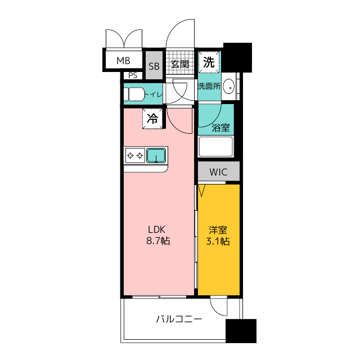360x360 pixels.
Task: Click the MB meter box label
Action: click(123, 61)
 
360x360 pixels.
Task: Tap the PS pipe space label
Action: click(133, 75)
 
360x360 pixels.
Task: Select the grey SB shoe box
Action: click(154, 65)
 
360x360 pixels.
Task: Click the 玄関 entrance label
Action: click(180, 64)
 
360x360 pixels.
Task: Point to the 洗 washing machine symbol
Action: click(209, 62)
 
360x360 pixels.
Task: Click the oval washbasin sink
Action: click(229, 87)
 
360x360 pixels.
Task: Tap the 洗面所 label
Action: click(209, 86)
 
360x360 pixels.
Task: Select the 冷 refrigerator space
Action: click(152, 119)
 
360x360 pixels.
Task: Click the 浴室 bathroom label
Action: click(220, 128)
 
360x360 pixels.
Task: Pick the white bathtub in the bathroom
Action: click(215, 146)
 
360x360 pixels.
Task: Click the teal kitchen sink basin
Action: click(156, 155)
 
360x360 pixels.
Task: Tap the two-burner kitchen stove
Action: click(135, 156)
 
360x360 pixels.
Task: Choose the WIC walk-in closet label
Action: click(218, 172)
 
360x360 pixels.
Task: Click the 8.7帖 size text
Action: click(158, 241)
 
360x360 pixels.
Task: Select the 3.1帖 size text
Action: click(218, 241)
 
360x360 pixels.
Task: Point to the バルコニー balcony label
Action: click(179, 319)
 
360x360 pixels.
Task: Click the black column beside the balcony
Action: click(241, 331)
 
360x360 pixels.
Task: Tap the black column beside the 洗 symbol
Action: click(237, 57)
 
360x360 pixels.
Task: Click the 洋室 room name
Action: click(218, 230)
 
